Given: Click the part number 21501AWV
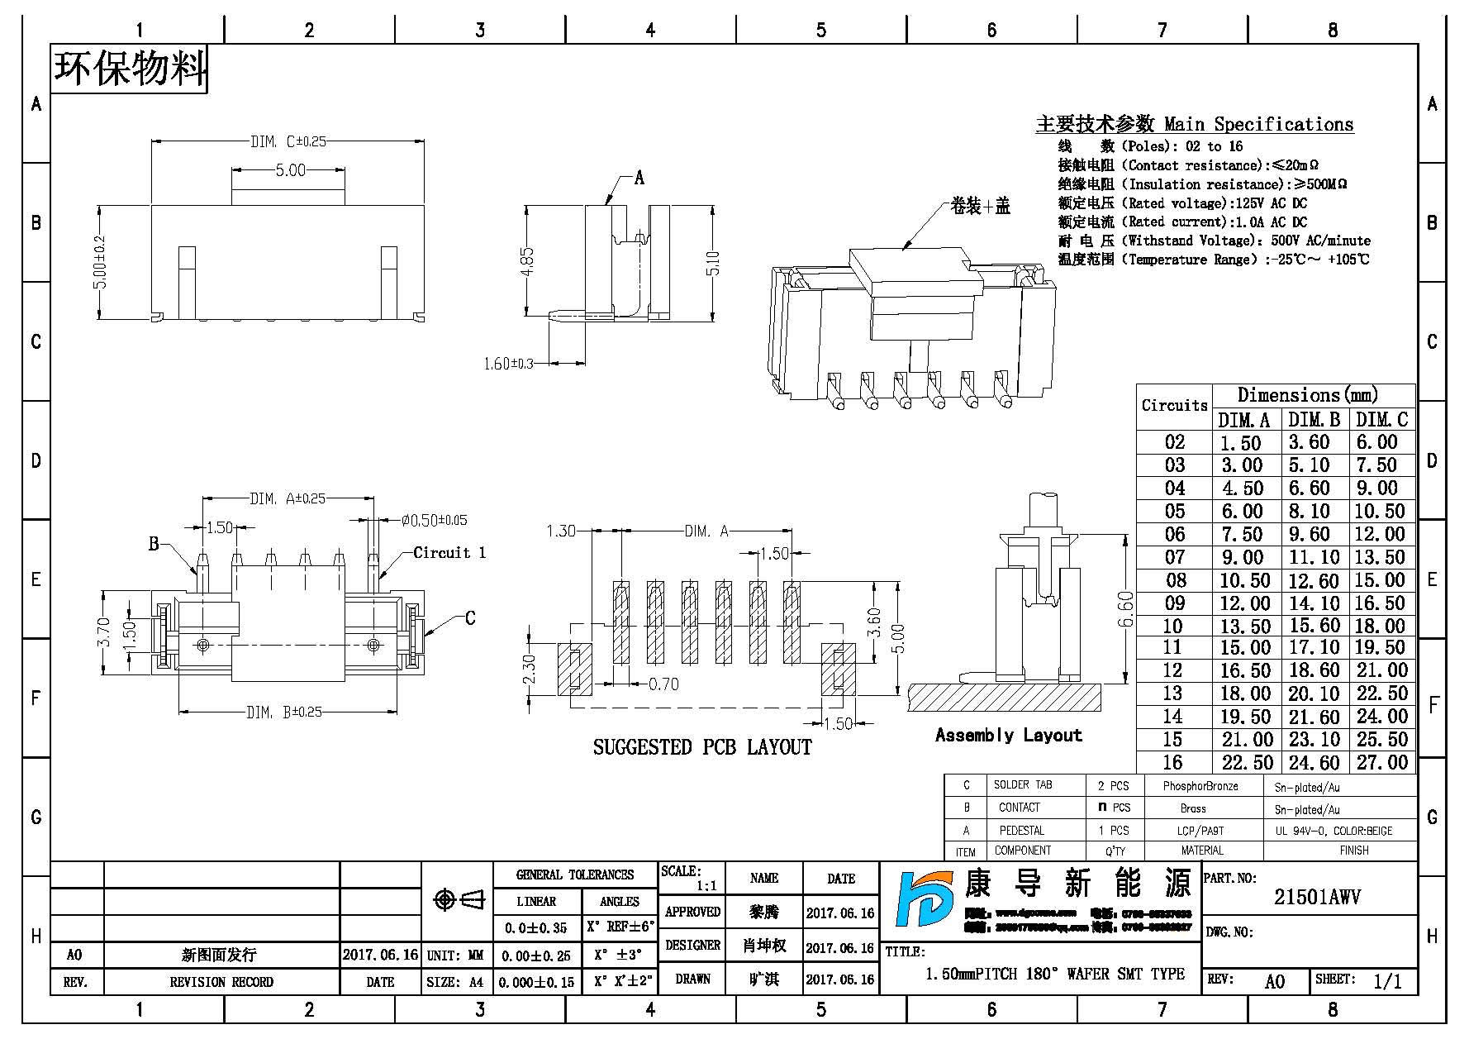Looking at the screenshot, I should click(x=1317, y=897).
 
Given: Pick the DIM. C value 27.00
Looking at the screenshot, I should click(x=1381, y=762).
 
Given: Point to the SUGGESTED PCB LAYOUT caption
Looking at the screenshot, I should click(x=702, y=747).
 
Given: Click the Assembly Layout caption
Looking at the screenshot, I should click(x=1008, y=735).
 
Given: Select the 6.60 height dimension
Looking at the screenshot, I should click(x=1124, y=609).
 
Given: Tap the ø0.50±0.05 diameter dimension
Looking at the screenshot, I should click(x=434, y=521).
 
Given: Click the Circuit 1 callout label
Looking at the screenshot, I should click(x=449, y=553).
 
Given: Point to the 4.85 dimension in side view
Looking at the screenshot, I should click(x=529, y=261).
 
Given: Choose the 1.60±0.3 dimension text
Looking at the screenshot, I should click(x=509, y=364).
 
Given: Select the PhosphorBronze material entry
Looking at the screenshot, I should click(x=1200, y=786).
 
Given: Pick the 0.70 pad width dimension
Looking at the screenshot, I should click(x=663, y=684).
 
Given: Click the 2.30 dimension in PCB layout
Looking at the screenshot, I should click(x=530, y=670).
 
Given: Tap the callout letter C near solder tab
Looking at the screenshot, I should click(x=470, y=618).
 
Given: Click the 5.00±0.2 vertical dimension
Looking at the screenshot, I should click(x=101, y=262).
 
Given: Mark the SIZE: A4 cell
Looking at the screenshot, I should click(x=455, y=982).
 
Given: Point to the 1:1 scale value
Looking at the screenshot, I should click(x=706, y=886).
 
